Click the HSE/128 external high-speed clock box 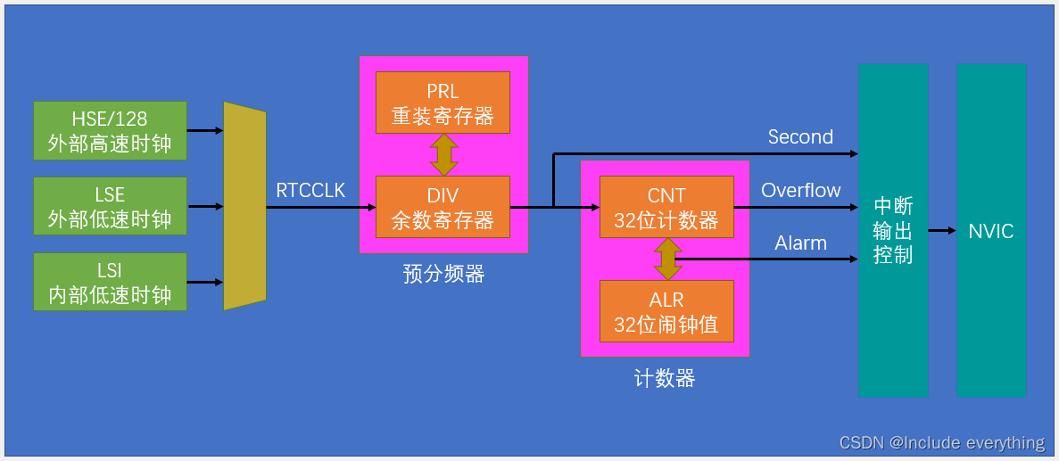click(110, 130)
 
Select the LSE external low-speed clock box click(110, 206)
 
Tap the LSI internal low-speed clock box click(110, 282)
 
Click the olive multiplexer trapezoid click(244, 206)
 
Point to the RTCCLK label click(310, 191)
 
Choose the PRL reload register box click(443, 103)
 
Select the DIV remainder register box click(443, 207)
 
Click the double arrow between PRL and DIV click(443, 154)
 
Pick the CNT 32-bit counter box click(666, 207)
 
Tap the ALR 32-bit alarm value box click(666, 311)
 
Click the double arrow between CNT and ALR click(666, 259)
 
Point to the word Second click(800, 137)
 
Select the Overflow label click(800, 191)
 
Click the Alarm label click(800, 243)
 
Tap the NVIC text click(991, 232)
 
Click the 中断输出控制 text click(893, 230)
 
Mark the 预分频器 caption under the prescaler click(443, 275)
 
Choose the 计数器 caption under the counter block click(665, 379)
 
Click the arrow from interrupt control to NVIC click(942, 231)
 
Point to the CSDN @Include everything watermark click(942, 443)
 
